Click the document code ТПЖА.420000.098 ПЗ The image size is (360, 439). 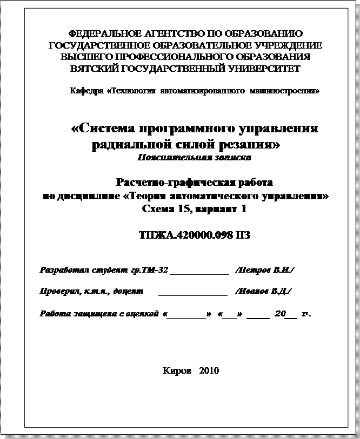195,235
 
